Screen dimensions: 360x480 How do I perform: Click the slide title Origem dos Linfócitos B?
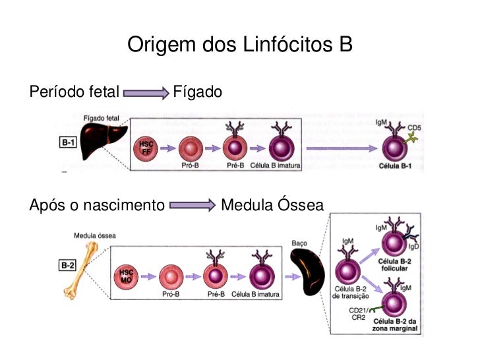point(240,45)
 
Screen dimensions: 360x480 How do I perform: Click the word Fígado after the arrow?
point(197,92)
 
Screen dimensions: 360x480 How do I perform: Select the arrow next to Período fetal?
point(146,93)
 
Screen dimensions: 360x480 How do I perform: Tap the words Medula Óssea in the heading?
point(272,206)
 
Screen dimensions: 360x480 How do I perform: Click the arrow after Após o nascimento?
point(192,206)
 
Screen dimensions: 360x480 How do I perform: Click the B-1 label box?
point(67,142)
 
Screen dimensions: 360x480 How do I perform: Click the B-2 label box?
point(67,266)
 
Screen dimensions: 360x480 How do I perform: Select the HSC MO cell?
point(127,274)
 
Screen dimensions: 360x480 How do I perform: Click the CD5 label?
point(415,127)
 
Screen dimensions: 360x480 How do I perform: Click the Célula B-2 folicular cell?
point(397,245)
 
